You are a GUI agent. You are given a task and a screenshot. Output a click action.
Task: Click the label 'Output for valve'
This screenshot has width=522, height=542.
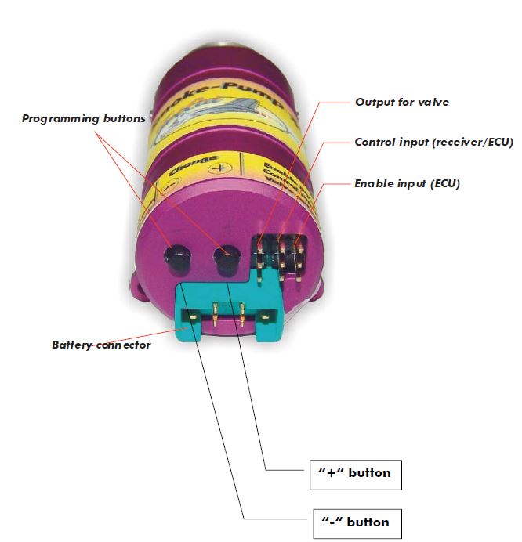[x=402, y=102]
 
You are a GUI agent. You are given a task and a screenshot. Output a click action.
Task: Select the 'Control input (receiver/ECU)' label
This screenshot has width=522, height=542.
[x=422, y=143]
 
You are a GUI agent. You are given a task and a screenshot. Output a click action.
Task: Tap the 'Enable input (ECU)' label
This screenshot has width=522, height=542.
[x=407, y=184]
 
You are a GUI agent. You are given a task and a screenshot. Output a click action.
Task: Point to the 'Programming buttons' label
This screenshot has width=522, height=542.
[x=83, y=119]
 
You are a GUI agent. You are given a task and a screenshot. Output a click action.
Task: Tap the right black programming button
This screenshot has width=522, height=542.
[x=227, y=259]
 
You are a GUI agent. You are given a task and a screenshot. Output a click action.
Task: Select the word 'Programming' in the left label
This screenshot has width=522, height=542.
[x=60, y=119]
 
